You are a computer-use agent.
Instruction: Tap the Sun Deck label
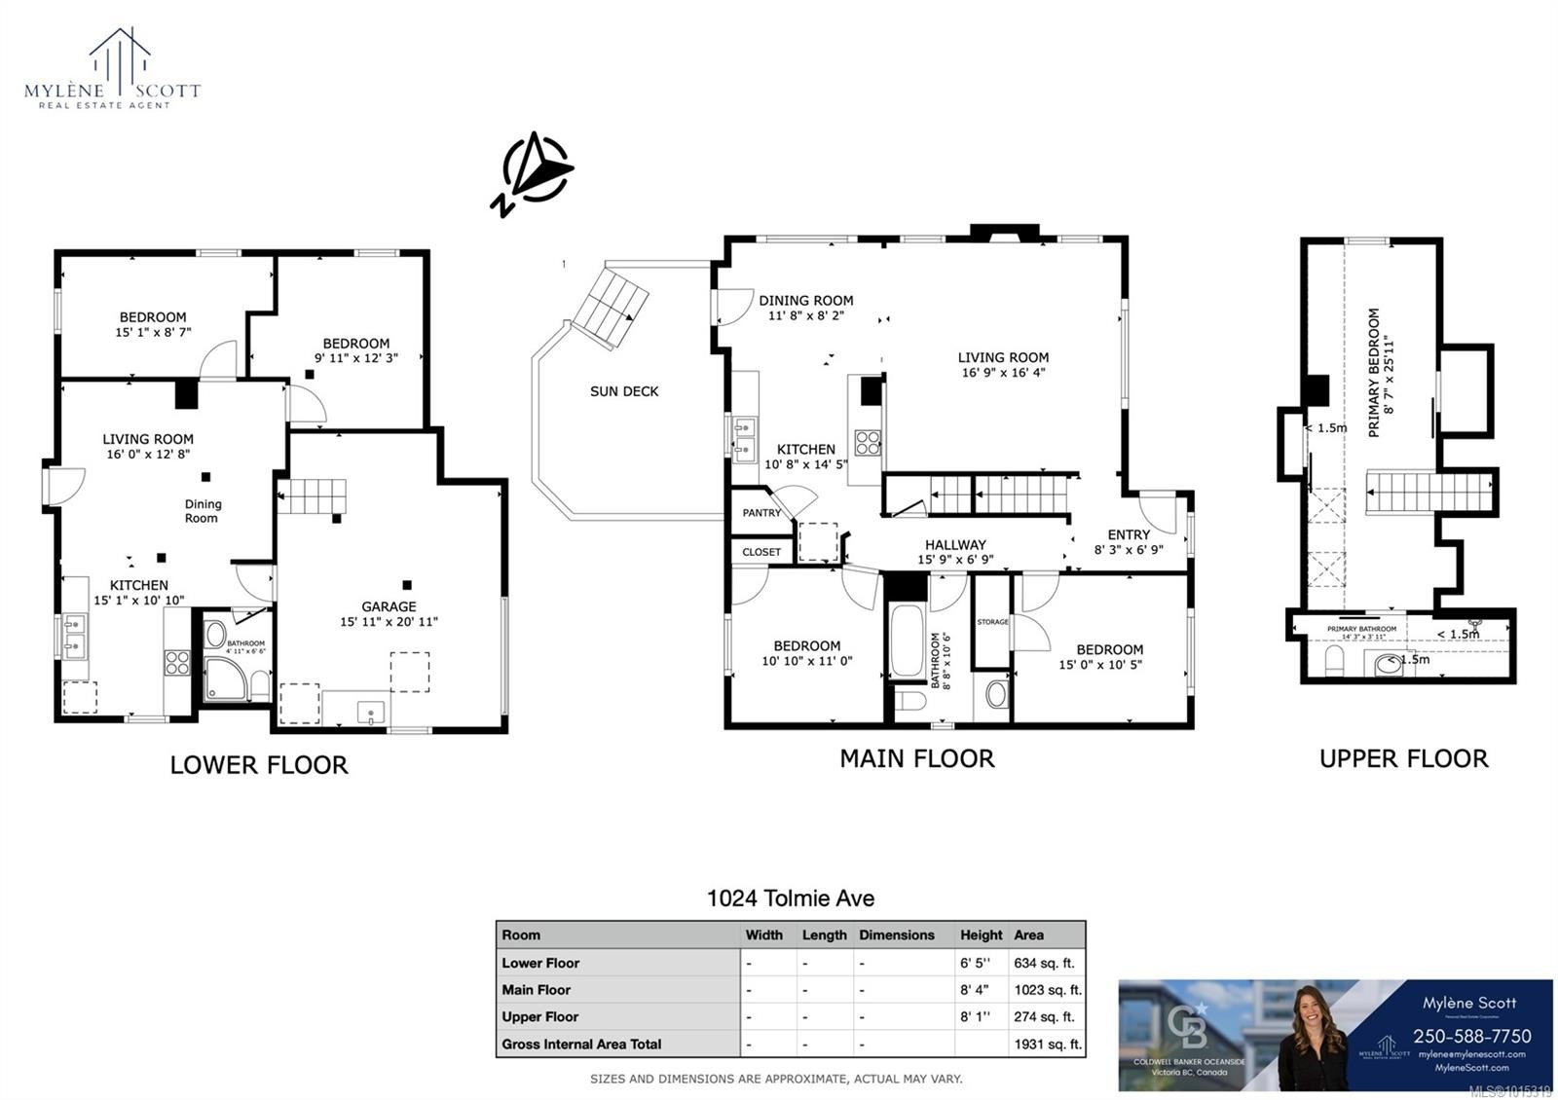624,391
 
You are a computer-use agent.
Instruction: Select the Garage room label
389,606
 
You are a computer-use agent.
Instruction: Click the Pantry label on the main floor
761,513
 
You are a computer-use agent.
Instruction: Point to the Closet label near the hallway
761,552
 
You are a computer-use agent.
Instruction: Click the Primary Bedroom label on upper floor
1374,372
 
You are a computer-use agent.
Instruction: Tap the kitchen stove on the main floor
868,443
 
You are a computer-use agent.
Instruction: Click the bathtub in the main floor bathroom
907,642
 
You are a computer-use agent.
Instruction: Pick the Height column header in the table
981,935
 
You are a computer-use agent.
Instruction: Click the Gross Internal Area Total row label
581,1045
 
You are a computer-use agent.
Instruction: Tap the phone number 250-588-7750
1471,1037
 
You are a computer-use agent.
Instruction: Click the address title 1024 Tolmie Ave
790,898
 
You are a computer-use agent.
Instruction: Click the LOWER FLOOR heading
259,765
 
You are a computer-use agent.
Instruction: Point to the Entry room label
1129,534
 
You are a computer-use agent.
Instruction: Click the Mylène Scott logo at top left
112,68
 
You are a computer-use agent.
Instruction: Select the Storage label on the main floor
992,621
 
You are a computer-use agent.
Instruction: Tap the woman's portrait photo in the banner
1312,1037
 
